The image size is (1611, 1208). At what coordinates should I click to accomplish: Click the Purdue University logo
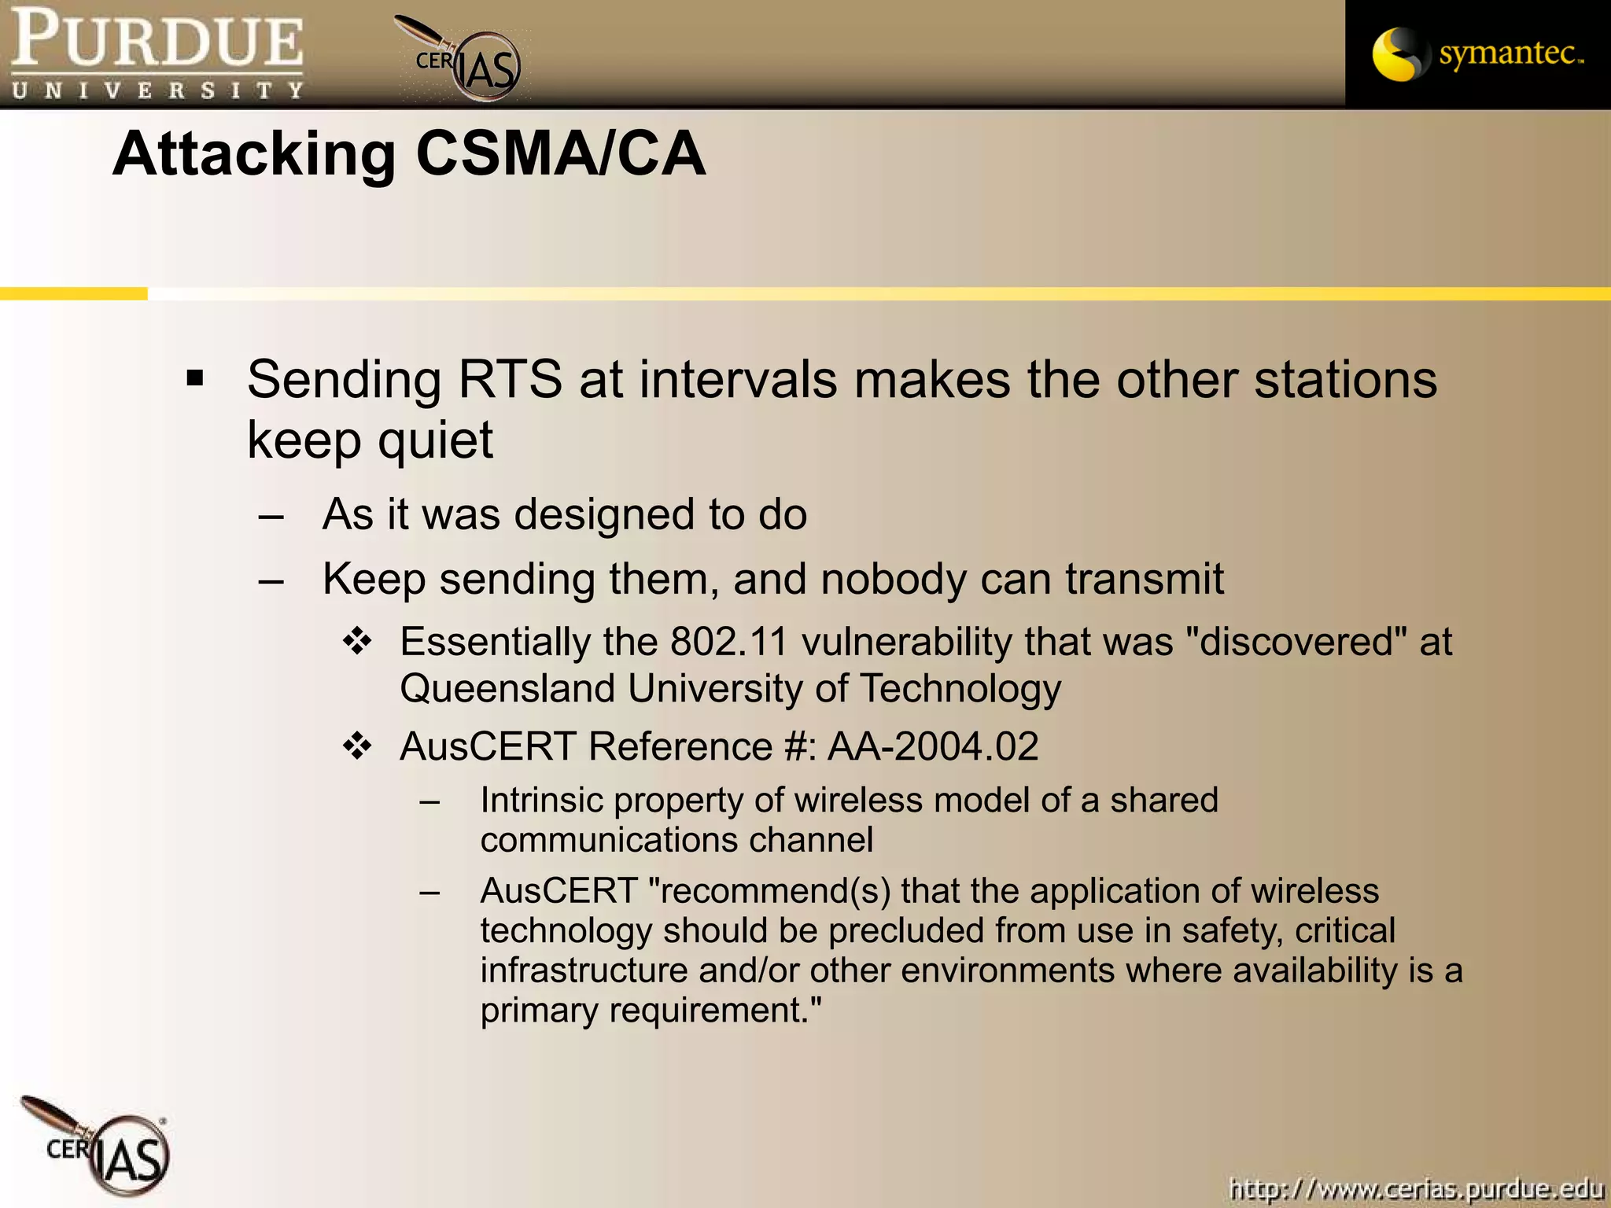(x=157, y=53)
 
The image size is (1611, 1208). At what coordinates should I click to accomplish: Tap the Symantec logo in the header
(x=1477, y=53)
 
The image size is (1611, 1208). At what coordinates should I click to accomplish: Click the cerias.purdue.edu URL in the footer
(x=1416, y=1188)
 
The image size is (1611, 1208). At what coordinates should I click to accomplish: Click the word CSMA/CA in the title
(x=560, y=153)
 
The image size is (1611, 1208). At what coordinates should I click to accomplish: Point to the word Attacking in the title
(x=254, y=155)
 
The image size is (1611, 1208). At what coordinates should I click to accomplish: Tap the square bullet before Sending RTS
(x=195, y=379)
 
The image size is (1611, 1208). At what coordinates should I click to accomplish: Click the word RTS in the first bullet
(x=510, y=379)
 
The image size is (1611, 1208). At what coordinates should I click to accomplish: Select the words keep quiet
(x=370, y=440)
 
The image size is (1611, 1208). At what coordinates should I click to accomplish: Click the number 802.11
(x=728, y=642)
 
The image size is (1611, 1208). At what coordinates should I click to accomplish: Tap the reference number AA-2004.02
(x=933, y=746)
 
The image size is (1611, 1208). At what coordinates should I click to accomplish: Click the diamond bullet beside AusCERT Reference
(x=357, y=746)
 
